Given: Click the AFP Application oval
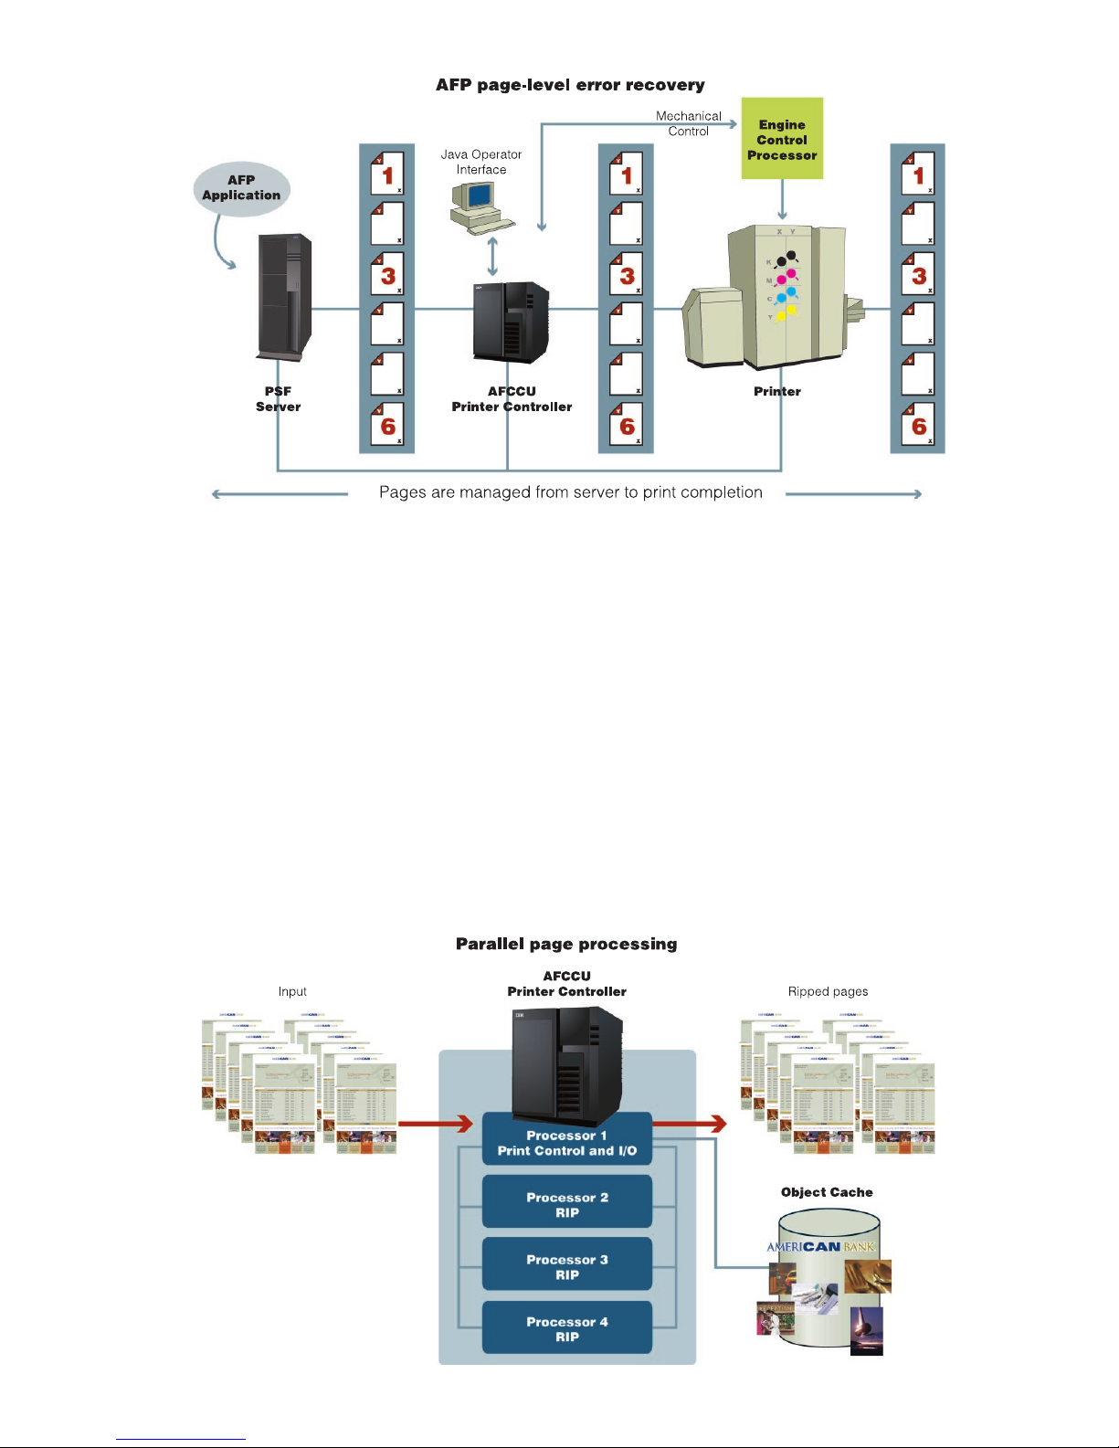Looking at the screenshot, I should pyautogui.click(x=241, y=188).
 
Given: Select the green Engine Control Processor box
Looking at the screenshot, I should pyautogui.click(x=782, y=139).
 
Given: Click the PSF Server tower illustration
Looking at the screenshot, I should pyautogui.click(x=284, y=297).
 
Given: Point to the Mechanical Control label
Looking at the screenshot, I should pyautogui.click(x=689, y=123).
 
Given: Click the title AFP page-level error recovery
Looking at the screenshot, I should pyautogui.click(x=570, y=85).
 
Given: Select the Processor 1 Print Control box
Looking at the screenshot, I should pyautogui.click(x=567, y=1143).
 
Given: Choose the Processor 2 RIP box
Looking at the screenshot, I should pyautogui.click(x=567, y=1204).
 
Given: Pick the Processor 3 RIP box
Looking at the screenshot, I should pyautogui.click(x=567, y=1266).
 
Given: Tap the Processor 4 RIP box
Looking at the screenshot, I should pyautogui.click(x=567, y=1328).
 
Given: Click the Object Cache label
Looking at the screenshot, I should pyautogui.click(x=827, y=1192).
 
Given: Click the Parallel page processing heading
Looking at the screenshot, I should pyautogui.click(x=566, y=944).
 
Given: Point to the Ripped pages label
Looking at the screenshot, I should pyautogui.click(x=828, y=991).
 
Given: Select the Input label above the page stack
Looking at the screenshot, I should pyautogui.click(x=292, y=991).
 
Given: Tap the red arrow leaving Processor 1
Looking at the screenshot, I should pyautogui.click(x=691, y=1123).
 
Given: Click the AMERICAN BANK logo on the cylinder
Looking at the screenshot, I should pyautogui.click(x=820, y=1246).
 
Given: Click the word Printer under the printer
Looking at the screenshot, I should pyautogui.click(x=777, y=391).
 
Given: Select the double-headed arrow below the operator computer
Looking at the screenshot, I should pyautogui.click(x=493, y=257).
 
